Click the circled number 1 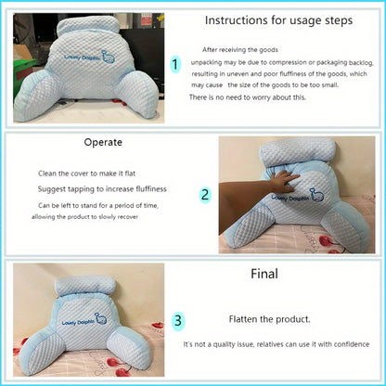pos(174,64)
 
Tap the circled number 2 pos(206,196)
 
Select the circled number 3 pos(178,320)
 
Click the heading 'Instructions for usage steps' pos(277,19)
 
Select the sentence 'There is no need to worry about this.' pos(246,97)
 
